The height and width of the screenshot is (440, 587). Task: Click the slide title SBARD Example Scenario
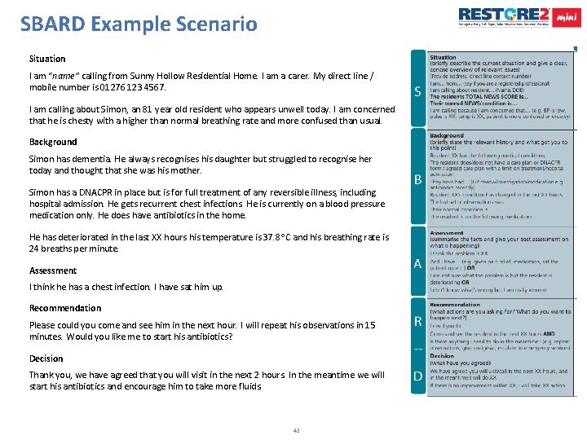click(139, 23)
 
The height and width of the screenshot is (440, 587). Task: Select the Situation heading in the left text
click(47, 59)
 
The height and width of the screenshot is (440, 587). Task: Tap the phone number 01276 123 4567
click(127, 86)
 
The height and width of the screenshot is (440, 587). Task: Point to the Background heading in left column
click(53, 142)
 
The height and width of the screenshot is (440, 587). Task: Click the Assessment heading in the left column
click(53, 271)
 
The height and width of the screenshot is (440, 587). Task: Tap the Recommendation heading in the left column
click(65, 308)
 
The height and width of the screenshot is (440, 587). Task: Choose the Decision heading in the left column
click(46, 359)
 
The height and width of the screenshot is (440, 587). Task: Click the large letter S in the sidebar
click(417, 91)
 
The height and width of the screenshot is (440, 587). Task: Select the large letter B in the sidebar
click(417, 178)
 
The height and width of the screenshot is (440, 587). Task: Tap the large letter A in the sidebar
click(417, 263)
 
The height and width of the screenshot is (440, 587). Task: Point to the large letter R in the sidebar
click(417, 323)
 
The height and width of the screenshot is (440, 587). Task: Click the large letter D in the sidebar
click(417, 376)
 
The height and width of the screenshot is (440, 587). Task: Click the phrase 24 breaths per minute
click(73, 249)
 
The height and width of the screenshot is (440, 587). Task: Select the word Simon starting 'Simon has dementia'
click(42, 160)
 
